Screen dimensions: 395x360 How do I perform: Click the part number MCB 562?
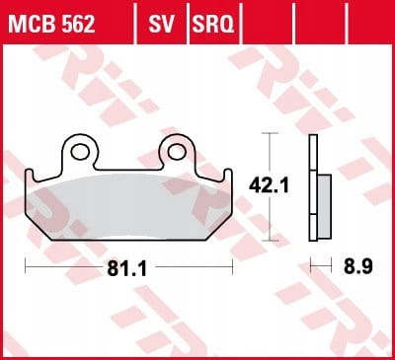[51, 24]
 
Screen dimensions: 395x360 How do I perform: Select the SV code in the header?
[161, 24]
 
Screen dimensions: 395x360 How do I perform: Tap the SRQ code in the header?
[213, 24]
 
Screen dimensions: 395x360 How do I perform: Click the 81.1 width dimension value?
[126, 269]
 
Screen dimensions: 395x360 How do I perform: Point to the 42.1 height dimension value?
[269, 185]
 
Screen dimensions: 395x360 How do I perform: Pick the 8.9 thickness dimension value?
[358, 267]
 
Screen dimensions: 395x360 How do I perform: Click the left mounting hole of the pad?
[80, 152]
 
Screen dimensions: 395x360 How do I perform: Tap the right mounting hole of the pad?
[176, 152]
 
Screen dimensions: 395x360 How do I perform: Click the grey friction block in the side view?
[325, 206]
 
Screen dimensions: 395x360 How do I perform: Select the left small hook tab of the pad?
[30, 175]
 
